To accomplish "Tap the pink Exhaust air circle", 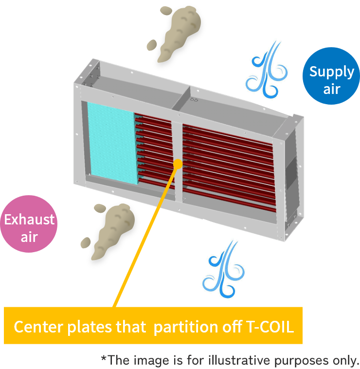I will point(29,224).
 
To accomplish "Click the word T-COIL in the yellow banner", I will point(268,326).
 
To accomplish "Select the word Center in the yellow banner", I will point(35,326).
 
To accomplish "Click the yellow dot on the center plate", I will point(178,164).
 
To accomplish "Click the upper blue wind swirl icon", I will point(265,68).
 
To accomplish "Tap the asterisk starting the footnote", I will point(103,359).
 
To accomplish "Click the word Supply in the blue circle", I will point(331,72).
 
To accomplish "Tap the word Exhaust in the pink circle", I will point(29,220).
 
